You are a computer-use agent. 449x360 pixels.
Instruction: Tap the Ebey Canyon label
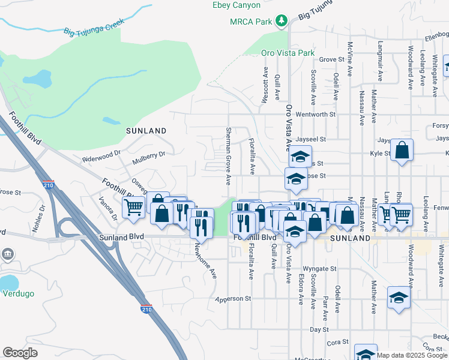pos(237,5)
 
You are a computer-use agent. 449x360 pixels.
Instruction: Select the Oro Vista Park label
pos(288,53)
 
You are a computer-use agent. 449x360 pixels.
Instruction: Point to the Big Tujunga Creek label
pos(94,28)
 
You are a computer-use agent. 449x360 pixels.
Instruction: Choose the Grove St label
pos(332,59)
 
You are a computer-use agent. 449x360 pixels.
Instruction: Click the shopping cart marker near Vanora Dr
pos(133,207)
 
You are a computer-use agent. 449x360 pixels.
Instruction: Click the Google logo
pos(20,353)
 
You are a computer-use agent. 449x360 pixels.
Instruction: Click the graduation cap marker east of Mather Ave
pos(399,298)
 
